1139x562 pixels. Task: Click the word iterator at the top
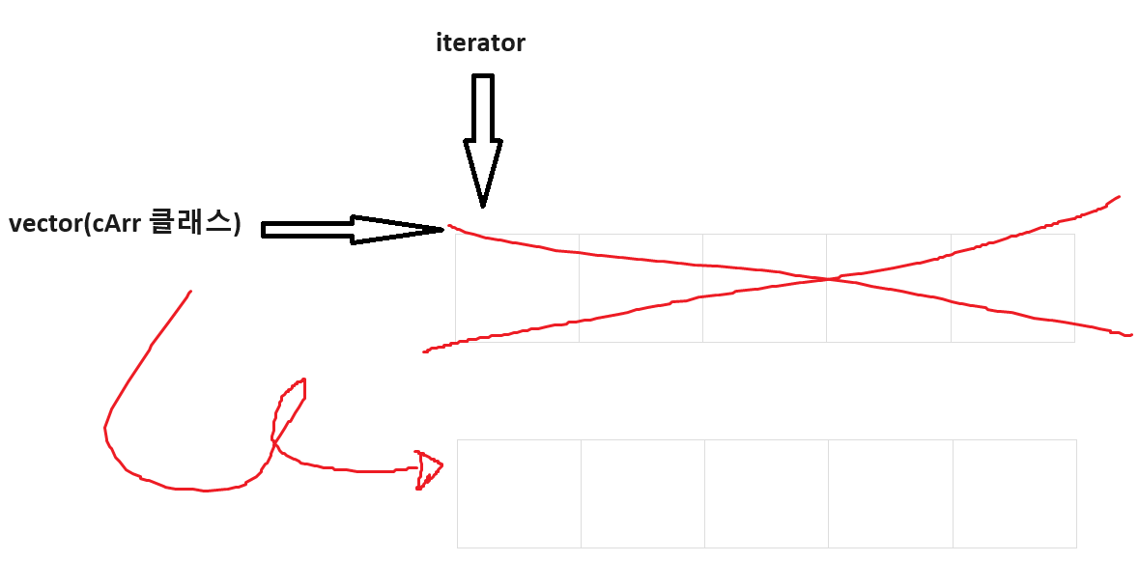pyautogui.click(x=480, y=43)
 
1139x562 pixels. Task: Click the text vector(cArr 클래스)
pyautogui.click(x=125, y=224)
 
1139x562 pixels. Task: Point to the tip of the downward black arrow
pyautogui.click(x=483, y=204)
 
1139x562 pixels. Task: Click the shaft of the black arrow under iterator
pyautogui.click(x=483, y=106)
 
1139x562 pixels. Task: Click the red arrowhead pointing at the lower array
pyautogui.click(x=428, y=469)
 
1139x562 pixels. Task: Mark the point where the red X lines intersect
pyautogui.click(x=829, y=279)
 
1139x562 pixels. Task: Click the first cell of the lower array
pyautogui.click(x=519, y=493)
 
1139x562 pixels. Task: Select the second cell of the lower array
pyautogui.click(x=642, y=493)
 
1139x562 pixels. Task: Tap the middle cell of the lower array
pyautogui.click(x=766, y=493)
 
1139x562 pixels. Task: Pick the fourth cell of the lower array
pyautogui.click(x=890, y=493)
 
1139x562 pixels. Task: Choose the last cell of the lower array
pyautogui.click(x=1014, y=493)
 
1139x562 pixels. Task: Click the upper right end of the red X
pyautogui.click(x=1117, y=197)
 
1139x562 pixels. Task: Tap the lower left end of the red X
pyautogui.click(x=426, y=351)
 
